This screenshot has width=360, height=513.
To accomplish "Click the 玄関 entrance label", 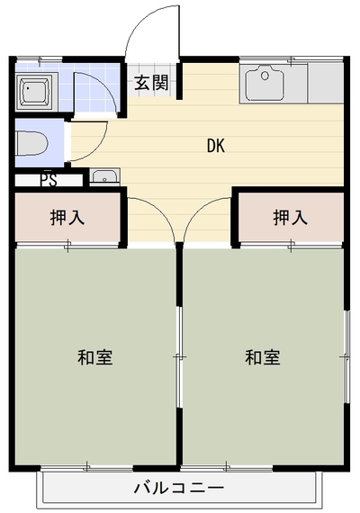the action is (151, 83).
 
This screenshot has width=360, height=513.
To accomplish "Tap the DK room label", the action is (216, 146).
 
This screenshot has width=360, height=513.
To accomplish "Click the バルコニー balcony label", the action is (179, 489).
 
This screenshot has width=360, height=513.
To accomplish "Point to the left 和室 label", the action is (95, 357).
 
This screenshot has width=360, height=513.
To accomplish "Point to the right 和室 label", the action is (263, 357).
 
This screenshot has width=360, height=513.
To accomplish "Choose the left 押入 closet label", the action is (67, 218).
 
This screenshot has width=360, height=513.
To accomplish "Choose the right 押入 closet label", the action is (291, 218).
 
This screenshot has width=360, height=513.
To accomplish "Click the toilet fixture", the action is (32, 143).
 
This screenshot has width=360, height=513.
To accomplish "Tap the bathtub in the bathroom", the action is (35, 91).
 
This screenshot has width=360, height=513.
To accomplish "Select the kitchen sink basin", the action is (265, 83).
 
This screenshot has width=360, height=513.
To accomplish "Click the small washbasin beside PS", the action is (104, 177).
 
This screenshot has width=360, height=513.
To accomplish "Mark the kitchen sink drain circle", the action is (265, 76).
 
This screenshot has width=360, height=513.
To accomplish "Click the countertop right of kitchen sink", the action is (325, 84).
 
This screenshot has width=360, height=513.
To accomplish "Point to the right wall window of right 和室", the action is (346, 357).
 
